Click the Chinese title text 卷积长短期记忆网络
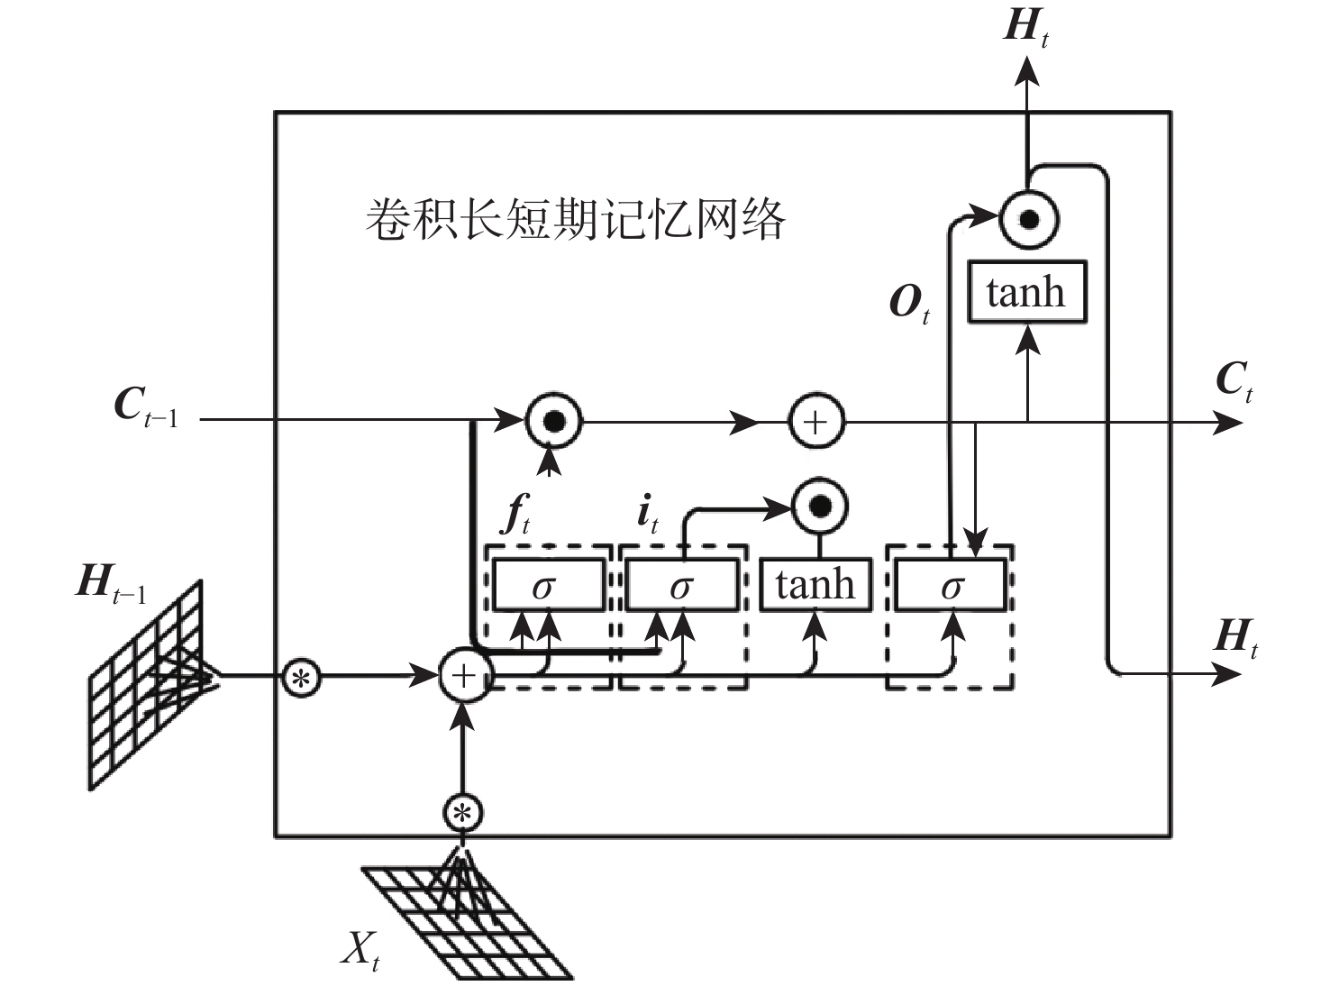tap(575, 219)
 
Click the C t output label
tap(1234, 381)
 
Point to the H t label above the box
tap(1025, 27)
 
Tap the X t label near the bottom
tap(360, 949)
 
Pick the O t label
tap(908, 304)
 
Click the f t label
tap(516, 516)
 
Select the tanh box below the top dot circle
tap(1026, 292)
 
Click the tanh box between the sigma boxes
tap(815, 584)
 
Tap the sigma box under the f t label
tap(548, 585)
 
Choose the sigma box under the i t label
tap(682, 585)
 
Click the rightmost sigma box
tap(951, 585)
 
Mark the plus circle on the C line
tap(816, 422)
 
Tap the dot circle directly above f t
tap(552, 421)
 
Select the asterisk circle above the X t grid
tap(463, 813)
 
